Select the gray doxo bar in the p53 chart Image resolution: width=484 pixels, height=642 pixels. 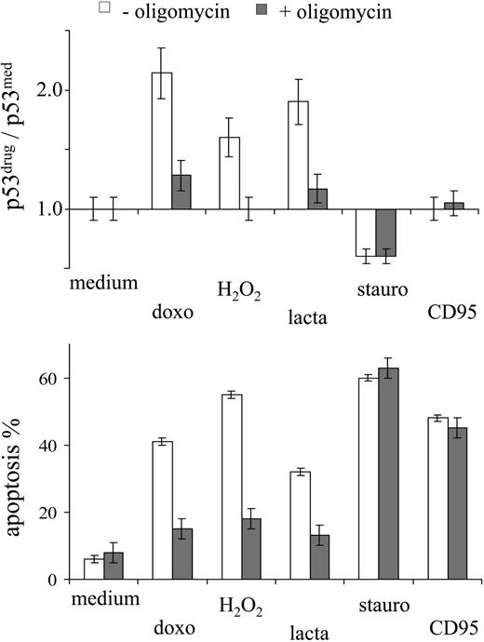[x=181, y=192]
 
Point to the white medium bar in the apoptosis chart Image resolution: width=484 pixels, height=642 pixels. [x=93, y=568]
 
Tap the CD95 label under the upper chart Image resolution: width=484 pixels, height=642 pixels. [x=455, y=312]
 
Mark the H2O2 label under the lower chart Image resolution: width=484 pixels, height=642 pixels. [x=240, y=609]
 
